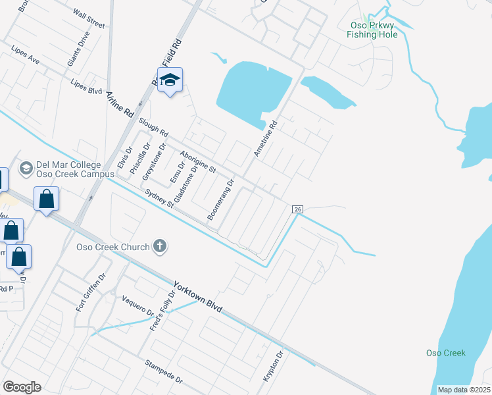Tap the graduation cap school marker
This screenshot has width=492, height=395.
pyautogui.click(x=170, y=81)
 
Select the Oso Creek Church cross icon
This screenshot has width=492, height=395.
pyautogui.click(x=159, y=247)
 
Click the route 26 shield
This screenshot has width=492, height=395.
pyautogui.click(x=297, y=209)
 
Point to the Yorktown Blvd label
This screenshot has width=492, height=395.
pyautogui.click(x=197, y=297)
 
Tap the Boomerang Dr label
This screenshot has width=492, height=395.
pyautogui.click(x=221, y=199)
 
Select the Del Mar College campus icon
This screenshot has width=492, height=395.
pyautogui.click(x=26, y=169)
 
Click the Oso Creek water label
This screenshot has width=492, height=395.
pyautogui.click(x=445, y=353)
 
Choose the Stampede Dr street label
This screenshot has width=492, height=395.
pyautogui.click(x=163, y=372)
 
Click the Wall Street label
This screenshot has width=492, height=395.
pyautogui.click(x=89, y=18)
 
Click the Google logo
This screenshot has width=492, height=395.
pyautogui.click(x=22, y=387)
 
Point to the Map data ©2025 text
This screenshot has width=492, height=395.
pyautogui.click(x=464, y=390)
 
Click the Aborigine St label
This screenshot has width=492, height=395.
pyautogui.click(x=198, y=160)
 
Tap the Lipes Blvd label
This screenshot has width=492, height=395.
pyautogui.click(x=86, y=88)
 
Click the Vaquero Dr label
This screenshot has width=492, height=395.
pyautogui.click(x=137, y=303)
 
